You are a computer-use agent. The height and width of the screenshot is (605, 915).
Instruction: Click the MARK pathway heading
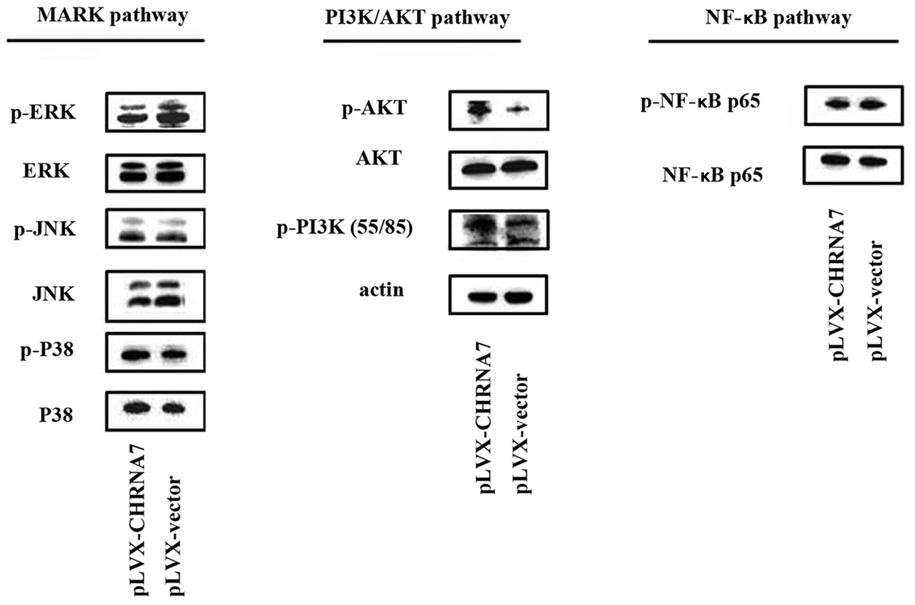coord(112,16)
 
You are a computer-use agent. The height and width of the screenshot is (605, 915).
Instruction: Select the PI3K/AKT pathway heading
coord(417,18)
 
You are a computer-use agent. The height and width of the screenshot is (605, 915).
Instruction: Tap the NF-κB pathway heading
coord(778,18)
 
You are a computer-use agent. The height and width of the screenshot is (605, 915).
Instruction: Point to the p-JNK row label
coord(45,229)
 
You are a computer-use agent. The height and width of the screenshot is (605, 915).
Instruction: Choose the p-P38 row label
coord(47,350)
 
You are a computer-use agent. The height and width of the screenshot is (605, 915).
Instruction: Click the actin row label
coord(381,290)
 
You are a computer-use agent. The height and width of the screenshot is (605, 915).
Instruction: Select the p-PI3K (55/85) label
coord(345,228)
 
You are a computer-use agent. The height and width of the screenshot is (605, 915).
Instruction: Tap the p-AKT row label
coord(374,108)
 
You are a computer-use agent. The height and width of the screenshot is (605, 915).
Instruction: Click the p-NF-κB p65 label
coord(701,102)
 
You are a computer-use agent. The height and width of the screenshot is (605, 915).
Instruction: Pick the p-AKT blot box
coord(499,110)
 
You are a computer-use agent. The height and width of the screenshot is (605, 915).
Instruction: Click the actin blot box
coord(498,295)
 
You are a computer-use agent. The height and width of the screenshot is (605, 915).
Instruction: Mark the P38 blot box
coord(155,411)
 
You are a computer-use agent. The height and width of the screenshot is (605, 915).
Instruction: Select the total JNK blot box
coord(155,296)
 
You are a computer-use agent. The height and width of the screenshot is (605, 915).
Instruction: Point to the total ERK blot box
coord(155,173)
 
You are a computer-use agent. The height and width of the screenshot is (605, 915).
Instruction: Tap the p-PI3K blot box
coord(499,230)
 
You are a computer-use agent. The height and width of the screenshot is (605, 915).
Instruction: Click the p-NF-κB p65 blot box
coord(854,106)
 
